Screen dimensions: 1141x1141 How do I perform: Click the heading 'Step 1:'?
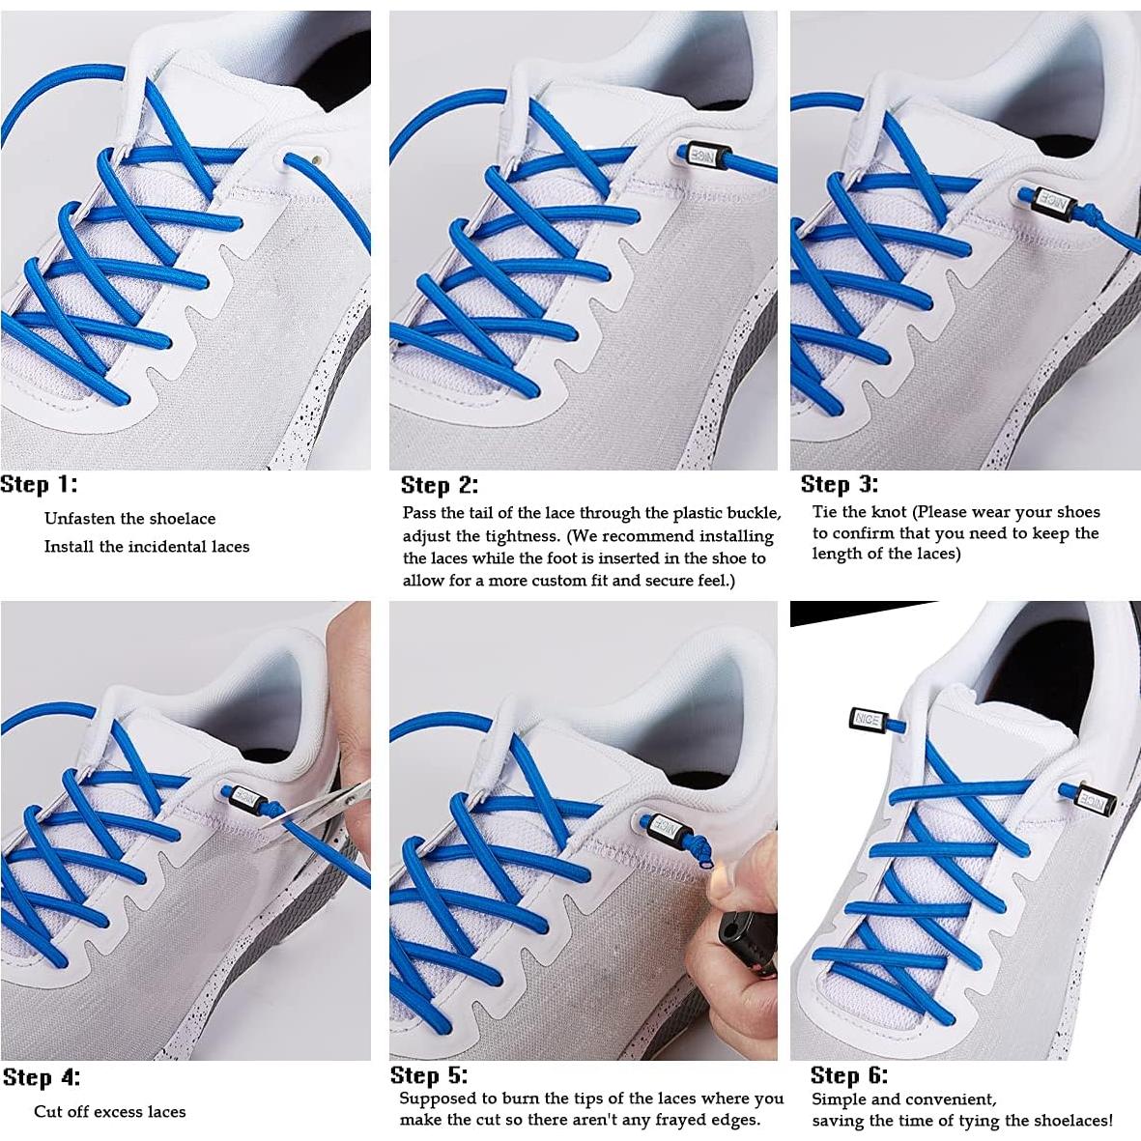39,484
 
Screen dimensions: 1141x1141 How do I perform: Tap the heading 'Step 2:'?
439,485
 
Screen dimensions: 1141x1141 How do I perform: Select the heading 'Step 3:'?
839,484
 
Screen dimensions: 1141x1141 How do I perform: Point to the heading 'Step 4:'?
41,1077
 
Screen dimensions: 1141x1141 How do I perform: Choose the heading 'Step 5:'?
428,1075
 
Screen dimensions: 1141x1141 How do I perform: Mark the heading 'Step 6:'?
848,1075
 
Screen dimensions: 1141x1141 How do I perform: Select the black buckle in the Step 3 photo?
1045,200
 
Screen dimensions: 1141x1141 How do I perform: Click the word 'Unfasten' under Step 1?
80,519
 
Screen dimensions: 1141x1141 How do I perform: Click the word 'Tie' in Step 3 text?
824,512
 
